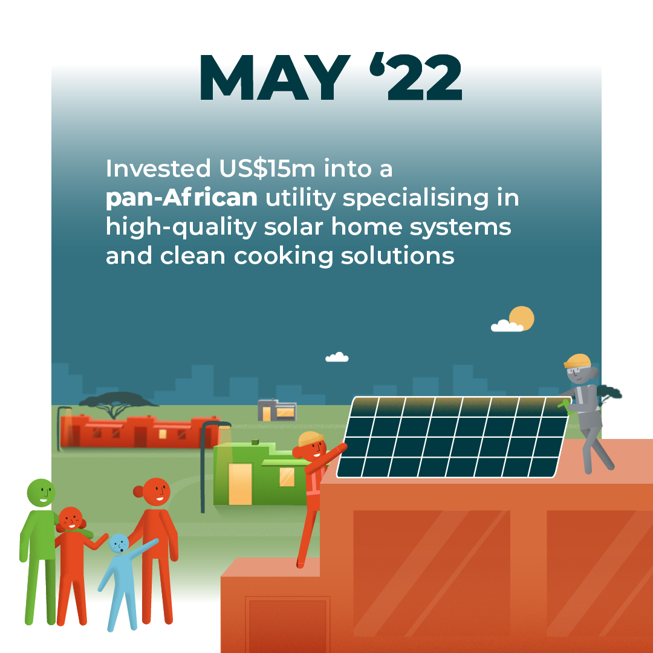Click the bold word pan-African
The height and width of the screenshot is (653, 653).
(181, 198)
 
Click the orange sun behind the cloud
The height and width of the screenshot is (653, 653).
(521, 318)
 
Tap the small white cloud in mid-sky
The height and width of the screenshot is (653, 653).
(337, 357)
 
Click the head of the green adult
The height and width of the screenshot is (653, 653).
(41, 493)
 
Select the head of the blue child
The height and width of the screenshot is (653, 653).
(119, 544)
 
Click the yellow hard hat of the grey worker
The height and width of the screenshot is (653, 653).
(577, 360)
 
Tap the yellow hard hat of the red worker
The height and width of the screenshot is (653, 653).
(311, 438)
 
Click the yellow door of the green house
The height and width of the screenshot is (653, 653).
(240, 484)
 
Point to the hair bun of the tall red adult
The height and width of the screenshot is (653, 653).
(138, 492)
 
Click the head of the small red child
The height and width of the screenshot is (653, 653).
(70, 519)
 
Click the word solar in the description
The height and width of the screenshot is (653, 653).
(293, 227)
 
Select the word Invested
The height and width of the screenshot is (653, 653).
(158, 169)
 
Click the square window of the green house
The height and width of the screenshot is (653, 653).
(287, 477)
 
